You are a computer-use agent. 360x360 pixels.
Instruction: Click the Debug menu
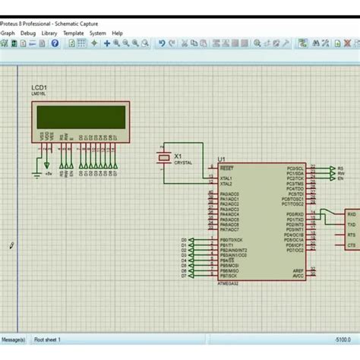click(28, 33)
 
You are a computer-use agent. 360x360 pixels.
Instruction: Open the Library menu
click(49, 33)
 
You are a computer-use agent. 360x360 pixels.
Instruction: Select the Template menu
click(73, 33)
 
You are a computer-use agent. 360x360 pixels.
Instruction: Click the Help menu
click(117, 33)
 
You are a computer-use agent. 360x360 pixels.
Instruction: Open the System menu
click(97, 33)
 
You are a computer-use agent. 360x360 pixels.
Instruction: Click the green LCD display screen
click(81, 117)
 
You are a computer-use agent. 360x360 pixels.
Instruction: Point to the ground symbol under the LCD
click(36, 173)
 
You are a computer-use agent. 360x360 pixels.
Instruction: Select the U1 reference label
click(221, 159)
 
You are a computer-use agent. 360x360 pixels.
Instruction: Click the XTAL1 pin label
click(226, 178)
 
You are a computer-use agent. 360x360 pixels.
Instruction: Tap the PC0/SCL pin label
click(295, 168)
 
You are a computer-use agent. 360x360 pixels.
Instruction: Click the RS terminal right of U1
click(339, 168)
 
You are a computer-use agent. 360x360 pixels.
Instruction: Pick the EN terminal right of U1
click(339, 178)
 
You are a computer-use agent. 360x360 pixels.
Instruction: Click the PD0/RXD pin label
click(295, 214)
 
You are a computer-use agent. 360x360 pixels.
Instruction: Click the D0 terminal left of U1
click(184, 240)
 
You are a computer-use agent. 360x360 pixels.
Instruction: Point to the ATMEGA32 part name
click(227, 283)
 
